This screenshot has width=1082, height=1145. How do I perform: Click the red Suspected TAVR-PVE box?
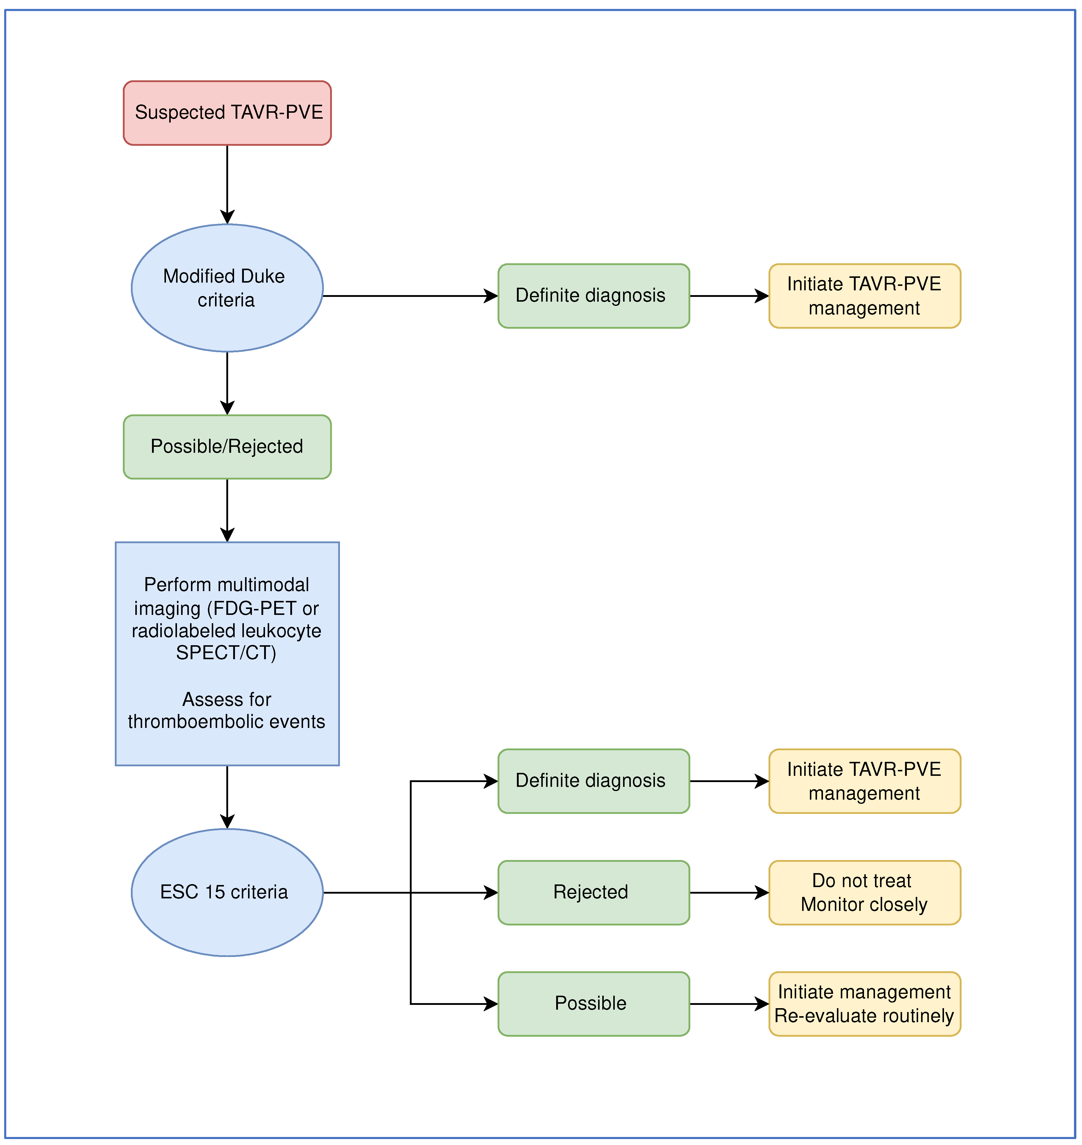point(227,113)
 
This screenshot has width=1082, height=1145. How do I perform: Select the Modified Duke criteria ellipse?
point(227,288)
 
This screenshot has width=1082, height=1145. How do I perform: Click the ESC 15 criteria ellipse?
point(227,892)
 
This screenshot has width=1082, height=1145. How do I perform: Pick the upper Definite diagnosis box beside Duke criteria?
point(593,296)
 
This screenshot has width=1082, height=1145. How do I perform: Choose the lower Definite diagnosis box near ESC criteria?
point(593,781)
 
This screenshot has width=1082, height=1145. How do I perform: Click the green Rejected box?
point(593,892)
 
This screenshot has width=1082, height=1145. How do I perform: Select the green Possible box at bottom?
point(593,1004)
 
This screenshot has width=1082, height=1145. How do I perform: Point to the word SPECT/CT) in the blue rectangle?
point(226,653)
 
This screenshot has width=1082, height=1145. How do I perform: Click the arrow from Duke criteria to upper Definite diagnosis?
point(410,296)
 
